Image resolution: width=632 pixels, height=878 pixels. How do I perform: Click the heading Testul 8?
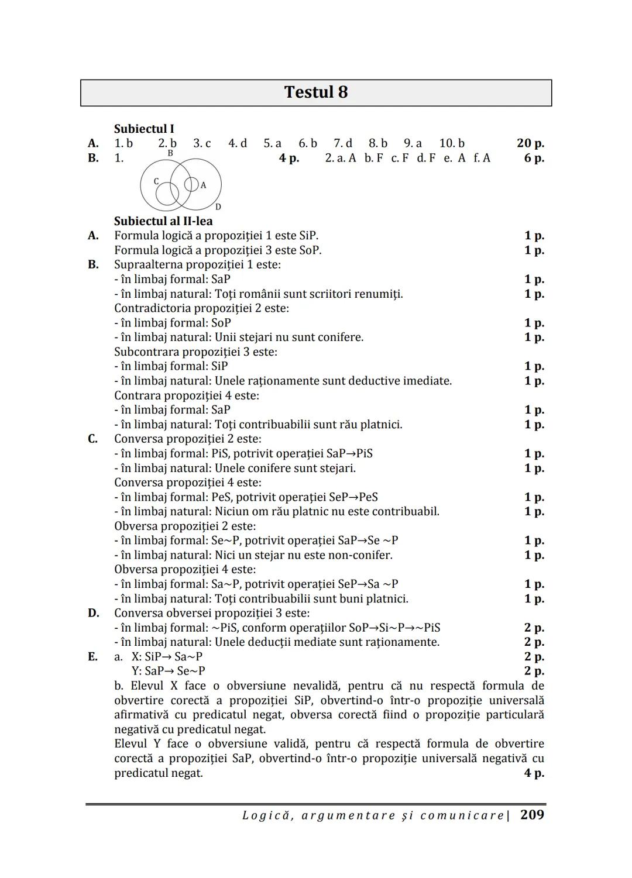pyautogui.click(x=315, y=92)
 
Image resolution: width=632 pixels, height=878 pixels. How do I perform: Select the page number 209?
pyautogui.click(x=532, y=815)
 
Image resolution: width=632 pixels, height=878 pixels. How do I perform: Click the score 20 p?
pyautogui.click(x=530, y=143)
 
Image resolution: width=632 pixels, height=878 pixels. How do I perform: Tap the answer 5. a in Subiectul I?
pyautogui.click(x=272, y=143)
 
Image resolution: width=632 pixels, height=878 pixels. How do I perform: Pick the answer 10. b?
pyautogui.click(x=452, y=143)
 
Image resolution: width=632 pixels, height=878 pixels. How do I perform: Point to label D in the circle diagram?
pyautogui.click(x=218, y=206)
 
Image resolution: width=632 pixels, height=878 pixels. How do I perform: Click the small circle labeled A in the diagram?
pyautogui.click(x=191, y=184)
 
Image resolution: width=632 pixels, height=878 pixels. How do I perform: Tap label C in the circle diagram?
pyautogui.click(x=156, y=181)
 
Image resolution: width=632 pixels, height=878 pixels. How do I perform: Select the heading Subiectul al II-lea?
pyautogui.click(x=163, y=221)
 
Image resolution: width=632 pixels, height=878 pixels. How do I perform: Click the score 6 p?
pyautogui.click(x=534, y=158)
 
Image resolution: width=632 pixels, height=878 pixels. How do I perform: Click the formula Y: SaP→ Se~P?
pyautogui.click(x=169, y=671)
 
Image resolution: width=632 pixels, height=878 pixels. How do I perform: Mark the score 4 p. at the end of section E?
pyautogui.click(x=534, y=773)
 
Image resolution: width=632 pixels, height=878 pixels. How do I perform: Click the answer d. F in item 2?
pyautogui.click(x=426, y=158)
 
